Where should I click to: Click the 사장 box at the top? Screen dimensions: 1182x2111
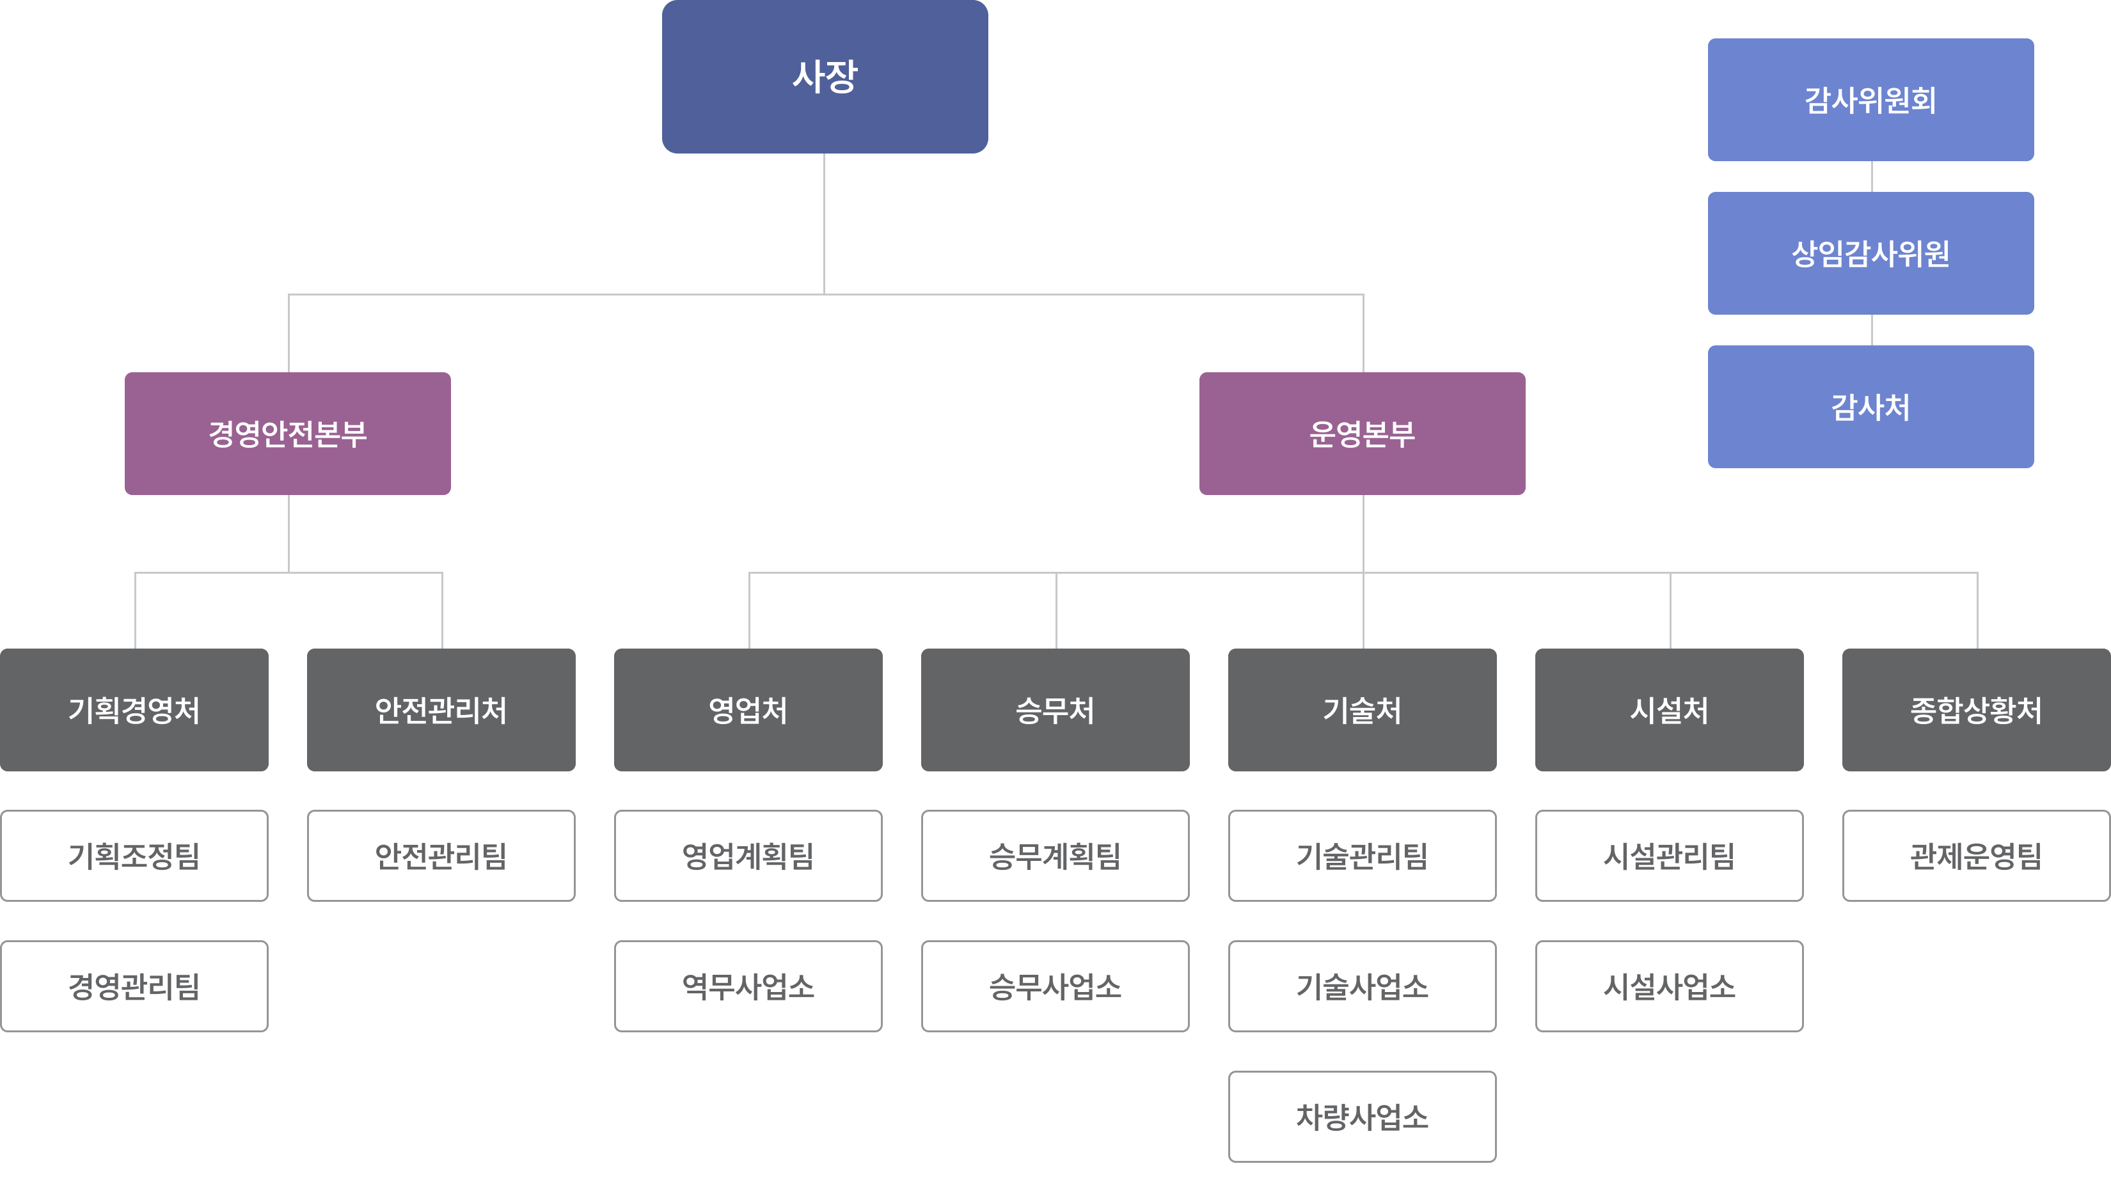(825, 76)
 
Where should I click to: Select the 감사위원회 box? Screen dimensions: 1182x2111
(1870, 100)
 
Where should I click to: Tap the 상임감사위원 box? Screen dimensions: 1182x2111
(1870, 253)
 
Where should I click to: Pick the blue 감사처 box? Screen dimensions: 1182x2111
(1870, 406)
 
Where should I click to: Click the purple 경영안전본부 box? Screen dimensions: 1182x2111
(288, 433)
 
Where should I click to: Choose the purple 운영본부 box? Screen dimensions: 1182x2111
(1362, 433)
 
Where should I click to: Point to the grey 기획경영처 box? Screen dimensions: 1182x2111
(134, 709)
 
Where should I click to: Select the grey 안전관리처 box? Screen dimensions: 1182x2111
(441, 709)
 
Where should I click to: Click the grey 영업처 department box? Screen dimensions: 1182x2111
(748, 709)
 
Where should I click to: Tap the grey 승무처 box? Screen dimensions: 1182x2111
(1055, 709)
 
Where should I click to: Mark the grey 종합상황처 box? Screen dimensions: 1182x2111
(1976, 709)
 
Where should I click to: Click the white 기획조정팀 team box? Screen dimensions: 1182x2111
(134, 856)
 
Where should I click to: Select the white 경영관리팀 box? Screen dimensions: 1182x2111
(134, 986)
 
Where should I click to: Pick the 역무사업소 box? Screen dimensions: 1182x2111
(748, 986)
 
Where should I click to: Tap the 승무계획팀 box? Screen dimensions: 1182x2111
(1055, 856)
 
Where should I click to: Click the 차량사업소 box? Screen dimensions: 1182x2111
(1362, 1117)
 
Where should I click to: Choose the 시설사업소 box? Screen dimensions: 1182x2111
(1670, 986)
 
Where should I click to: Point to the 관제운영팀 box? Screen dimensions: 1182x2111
(1976, 856)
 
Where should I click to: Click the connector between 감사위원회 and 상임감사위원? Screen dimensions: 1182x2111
(1872, 176)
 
